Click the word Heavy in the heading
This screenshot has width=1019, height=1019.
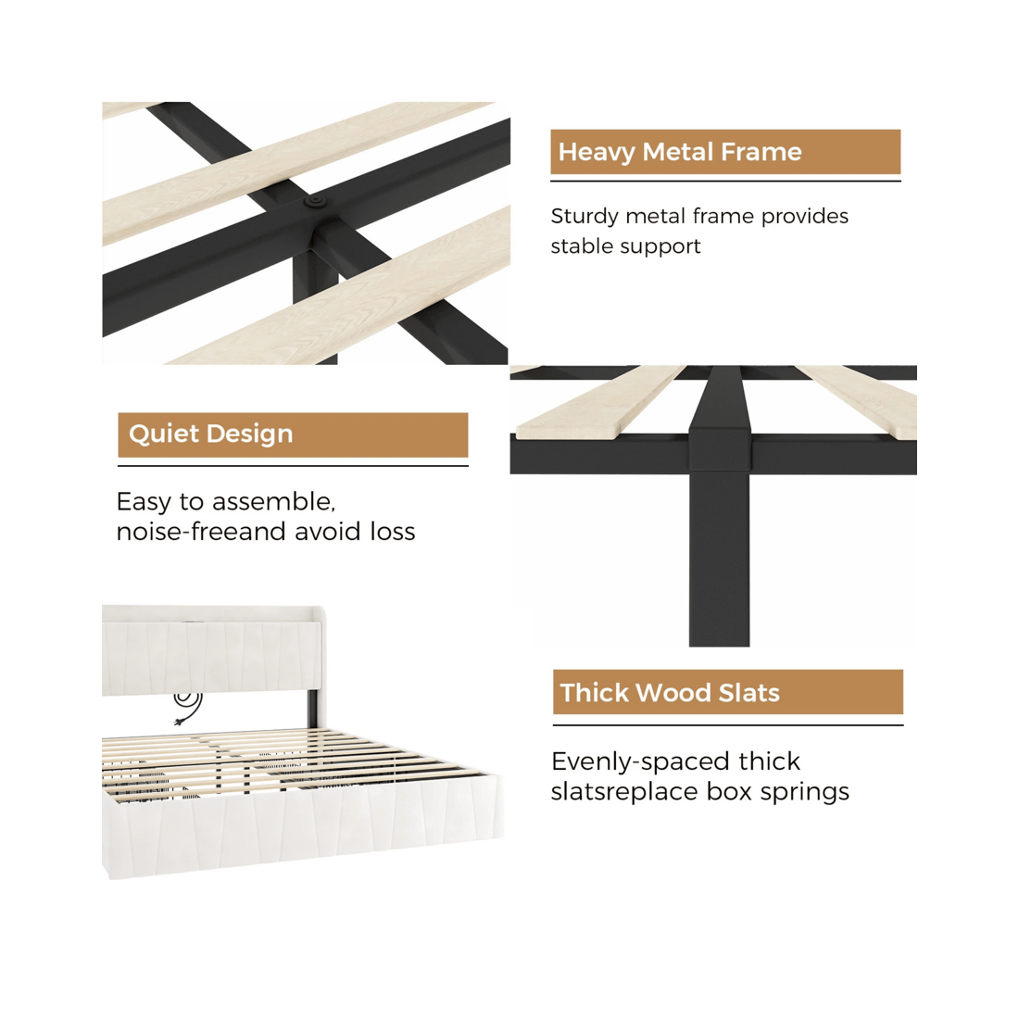[597, 153]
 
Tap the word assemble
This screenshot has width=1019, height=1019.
[273, 502]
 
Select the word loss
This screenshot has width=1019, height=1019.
[393, 532]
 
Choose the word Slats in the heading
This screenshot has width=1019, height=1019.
[749, 693]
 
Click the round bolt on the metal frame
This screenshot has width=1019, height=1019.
[316, 201]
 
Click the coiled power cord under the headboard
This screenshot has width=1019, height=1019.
[188, 707]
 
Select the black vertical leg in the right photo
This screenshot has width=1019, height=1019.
[720, 559]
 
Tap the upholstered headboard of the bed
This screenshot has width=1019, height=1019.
[212, 650]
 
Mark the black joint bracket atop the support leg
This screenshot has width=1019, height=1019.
[720, 447]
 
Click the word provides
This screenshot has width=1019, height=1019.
[804, 217]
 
